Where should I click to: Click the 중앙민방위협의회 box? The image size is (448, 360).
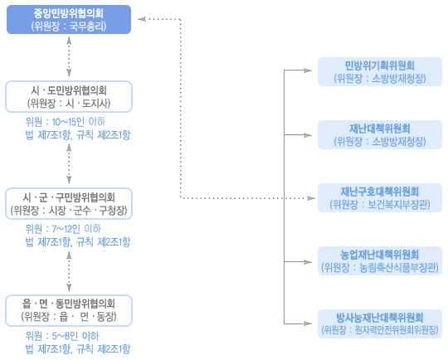(x=69, y=19)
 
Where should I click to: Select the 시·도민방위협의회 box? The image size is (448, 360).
(x=69, y=96)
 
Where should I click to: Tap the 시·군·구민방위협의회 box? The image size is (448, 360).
(x=69, y=204)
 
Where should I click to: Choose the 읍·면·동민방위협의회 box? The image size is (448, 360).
(x=69, y=310)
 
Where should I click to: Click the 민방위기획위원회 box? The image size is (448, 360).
(x=380, y=71)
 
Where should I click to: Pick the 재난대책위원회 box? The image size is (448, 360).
(x=380, y=134)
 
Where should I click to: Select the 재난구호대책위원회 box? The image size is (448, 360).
(x=380, y=197)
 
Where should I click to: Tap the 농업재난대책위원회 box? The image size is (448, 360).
(x=380, y=260)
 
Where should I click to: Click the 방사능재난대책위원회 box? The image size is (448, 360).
(x=380, y=324)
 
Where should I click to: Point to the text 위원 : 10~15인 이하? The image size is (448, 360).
(x=66, y=122)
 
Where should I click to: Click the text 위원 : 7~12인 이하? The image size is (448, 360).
(x=63, y=229)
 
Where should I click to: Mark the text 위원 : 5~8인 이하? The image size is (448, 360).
(x=62, y=336)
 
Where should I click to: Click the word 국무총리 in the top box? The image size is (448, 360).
(x=88, y=27)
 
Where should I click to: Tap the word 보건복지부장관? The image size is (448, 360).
(x=398, y=204)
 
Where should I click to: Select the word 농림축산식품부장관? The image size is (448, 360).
(x=398, y=267)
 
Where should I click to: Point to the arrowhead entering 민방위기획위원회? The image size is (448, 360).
(x=308, y=71)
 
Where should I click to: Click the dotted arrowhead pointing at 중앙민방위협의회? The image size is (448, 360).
(x=142, y=19)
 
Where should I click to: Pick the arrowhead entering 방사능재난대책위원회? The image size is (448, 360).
(x=308, y=324)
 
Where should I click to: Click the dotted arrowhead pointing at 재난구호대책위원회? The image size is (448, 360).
(x=311, y=198)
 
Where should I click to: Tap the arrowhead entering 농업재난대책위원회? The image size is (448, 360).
(x=308, y=262)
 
